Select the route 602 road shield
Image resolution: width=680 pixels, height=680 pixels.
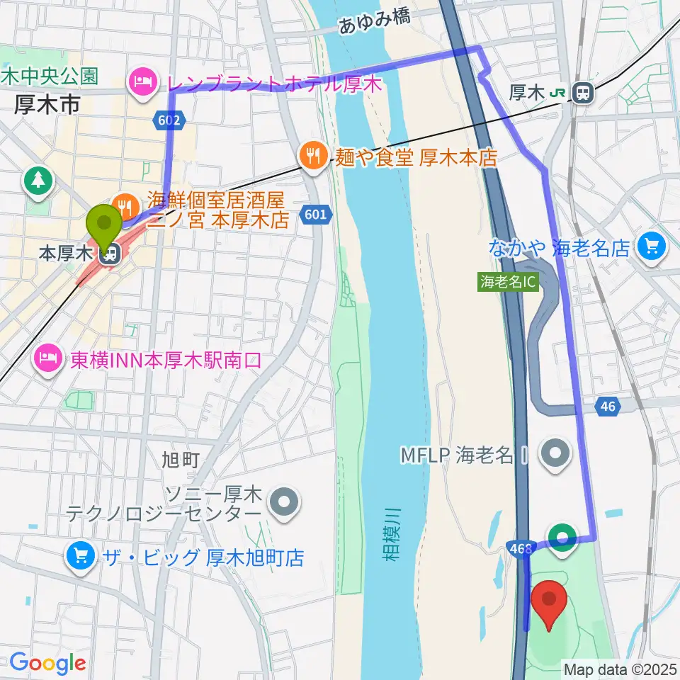(x=167, y=121)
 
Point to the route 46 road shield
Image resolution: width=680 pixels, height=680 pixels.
(x=608, y=407)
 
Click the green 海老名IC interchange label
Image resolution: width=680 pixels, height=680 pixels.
(x=508, y=281)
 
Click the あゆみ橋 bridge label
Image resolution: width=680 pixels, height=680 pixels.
(x=374, y=23)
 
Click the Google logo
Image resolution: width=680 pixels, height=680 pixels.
(x=47, y=663)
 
